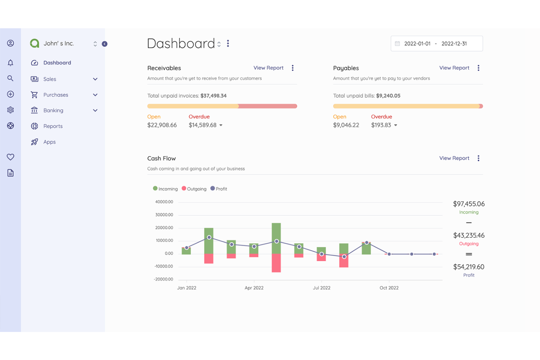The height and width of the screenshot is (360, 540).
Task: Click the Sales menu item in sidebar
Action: pyautogui.click(x=50, y=79)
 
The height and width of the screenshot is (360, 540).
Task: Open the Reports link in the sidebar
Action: pyautogui.click(x=53, y=126)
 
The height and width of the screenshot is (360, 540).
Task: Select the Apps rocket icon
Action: pyautogui.click(x=34, y=142)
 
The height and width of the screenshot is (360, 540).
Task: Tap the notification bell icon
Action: pyautogui.click(x=11, y=63)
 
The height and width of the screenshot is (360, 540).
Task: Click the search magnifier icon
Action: pyautogui.click(x=11, y=78)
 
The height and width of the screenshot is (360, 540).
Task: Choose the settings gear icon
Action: pyautogui.click(x=11, y=110)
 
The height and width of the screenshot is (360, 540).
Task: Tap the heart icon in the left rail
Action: pyautogui.click(x=11, y=157)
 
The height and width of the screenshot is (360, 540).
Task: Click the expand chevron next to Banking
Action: pyautogui.click(x=95, y=111)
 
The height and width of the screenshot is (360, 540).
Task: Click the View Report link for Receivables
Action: pyautogui.click(x=268, y=68)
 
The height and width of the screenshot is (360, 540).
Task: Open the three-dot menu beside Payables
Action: pyautogui.click(x=478, y=68)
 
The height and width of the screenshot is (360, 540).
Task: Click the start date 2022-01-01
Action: pyautogui.click(x=417, y=44)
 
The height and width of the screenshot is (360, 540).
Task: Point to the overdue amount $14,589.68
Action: pyautogui.click(x=202, y=125)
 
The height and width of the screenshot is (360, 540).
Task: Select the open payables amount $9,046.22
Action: pyautogui.click(x=346, y=125)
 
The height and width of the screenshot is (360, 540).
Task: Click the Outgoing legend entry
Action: pyautogui.click(x=194, y=189)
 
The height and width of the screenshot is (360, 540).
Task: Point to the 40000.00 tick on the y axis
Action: pyautogui.click(x=164, y=202)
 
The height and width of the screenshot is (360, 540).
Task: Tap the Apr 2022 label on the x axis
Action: pyautogui.click(x=254, y=288)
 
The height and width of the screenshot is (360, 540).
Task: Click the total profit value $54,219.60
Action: pyautogui.click(x=468, y=267)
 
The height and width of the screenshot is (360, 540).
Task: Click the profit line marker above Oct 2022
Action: pyautogui.click(x=389, y=254)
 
